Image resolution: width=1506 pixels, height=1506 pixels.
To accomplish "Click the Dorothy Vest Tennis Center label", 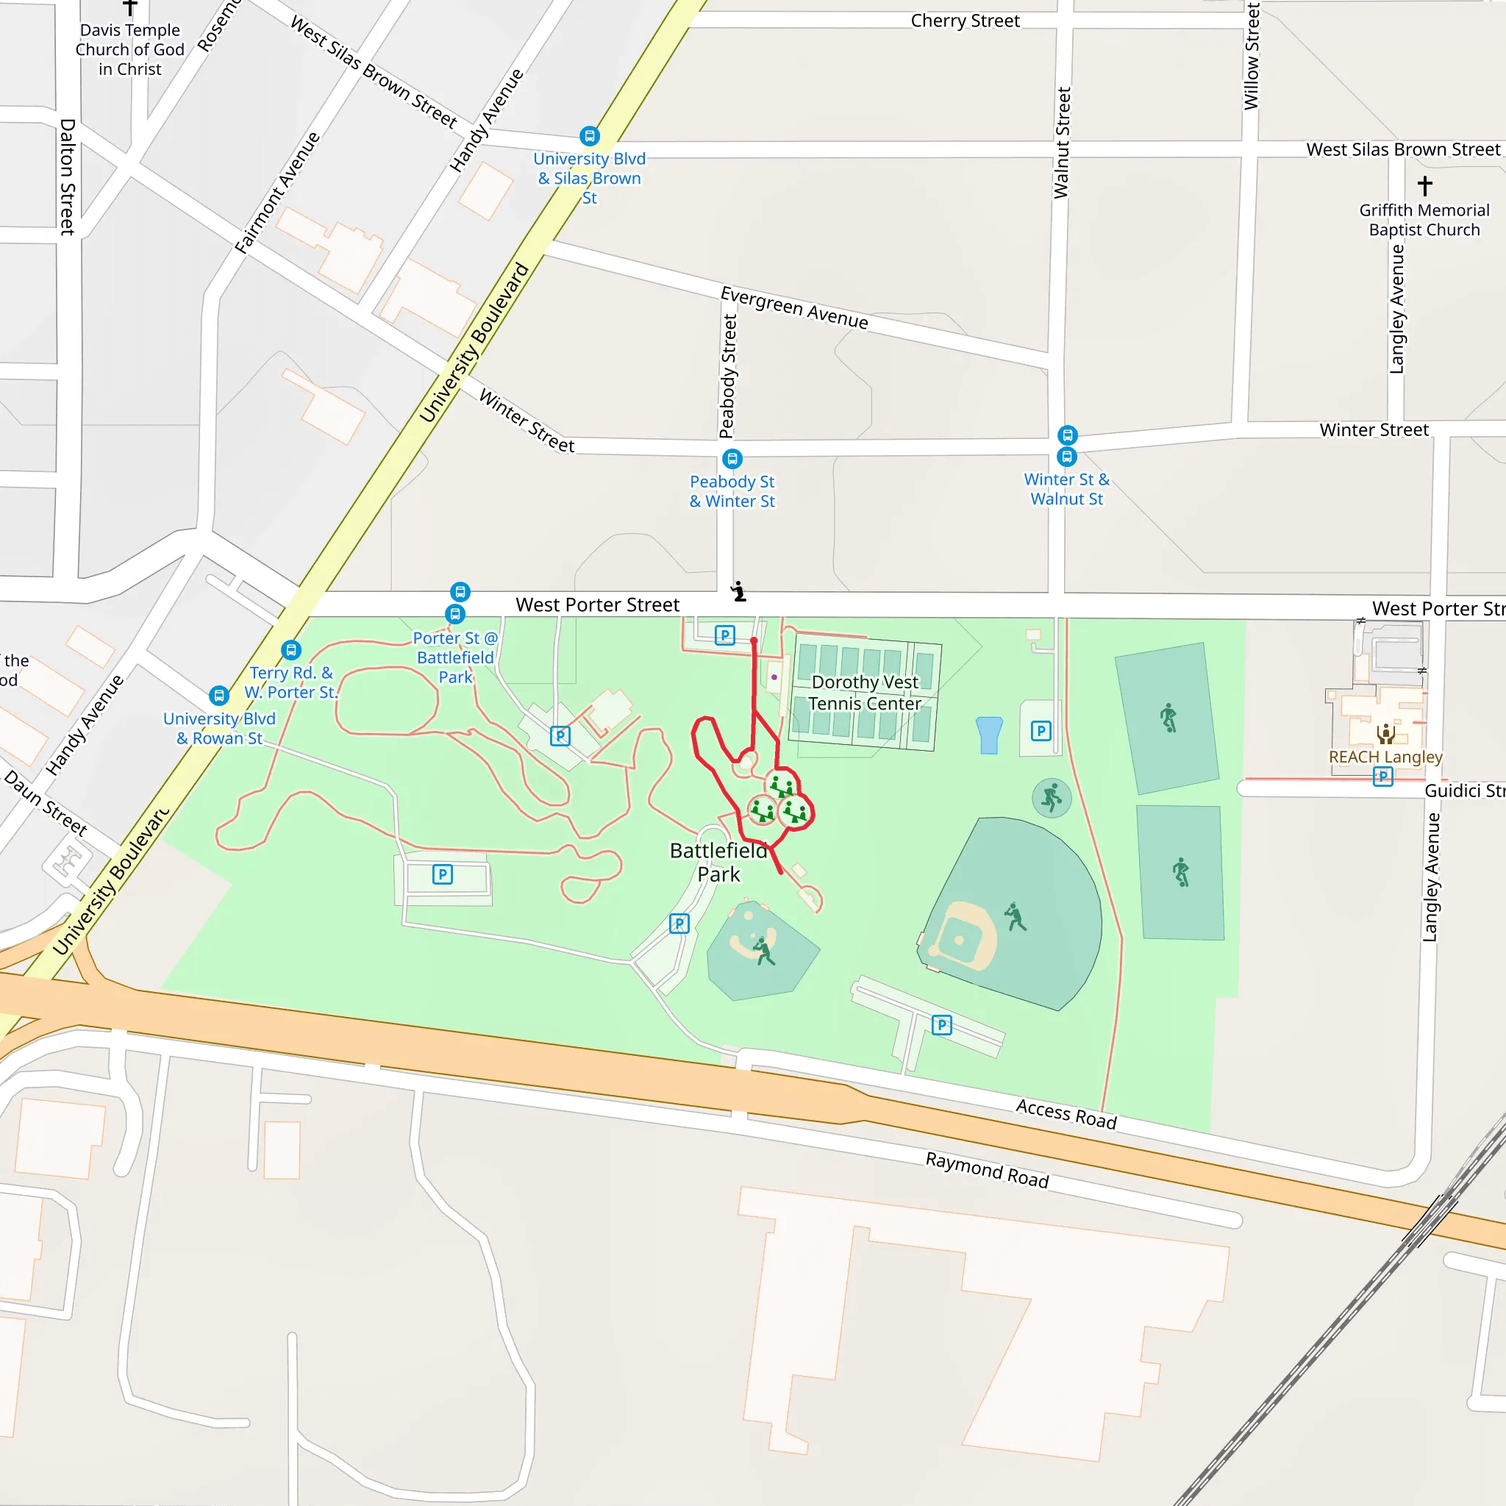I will [x=865, y=693].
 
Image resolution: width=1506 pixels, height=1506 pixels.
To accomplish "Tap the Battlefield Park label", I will [x=718, y=862].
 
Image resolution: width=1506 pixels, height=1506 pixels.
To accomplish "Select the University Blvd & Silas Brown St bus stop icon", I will [x=589, y=137].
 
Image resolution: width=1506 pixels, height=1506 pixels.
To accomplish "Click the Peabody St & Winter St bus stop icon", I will [x=731, y=458].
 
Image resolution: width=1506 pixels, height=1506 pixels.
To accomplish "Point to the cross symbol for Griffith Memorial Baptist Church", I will [x=1425, y=185].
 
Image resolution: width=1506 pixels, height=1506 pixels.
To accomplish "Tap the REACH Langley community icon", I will [x=1385, y=732].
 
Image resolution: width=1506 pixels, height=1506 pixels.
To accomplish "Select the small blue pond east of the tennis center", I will [x=988, y=735].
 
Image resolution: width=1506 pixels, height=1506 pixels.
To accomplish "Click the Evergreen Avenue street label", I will [x=793, y=307].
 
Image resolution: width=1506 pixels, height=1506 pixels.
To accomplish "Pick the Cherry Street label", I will [x=965, y=21].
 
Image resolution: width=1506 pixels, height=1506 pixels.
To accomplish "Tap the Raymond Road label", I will [x=987, y=1170].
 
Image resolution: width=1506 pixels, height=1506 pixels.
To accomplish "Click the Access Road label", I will [x=1066, y=1114].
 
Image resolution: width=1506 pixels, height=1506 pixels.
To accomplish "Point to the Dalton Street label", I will [x=68, y=177].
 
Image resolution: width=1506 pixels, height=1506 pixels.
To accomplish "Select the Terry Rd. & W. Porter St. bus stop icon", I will [x=290, y=649].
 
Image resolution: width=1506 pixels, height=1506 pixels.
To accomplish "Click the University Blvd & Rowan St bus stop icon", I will [x=219, y=694].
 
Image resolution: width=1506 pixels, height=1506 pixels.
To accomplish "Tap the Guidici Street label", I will [x=1464, y=791].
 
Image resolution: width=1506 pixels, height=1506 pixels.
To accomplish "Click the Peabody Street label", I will [x=727, y=376].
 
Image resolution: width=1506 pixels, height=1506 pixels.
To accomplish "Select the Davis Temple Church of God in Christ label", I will [x=130, y=50].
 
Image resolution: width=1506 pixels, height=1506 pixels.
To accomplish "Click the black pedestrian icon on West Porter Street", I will [x=738, y=592].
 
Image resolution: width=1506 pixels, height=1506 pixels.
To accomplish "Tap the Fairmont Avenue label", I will [x=278, y=193].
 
